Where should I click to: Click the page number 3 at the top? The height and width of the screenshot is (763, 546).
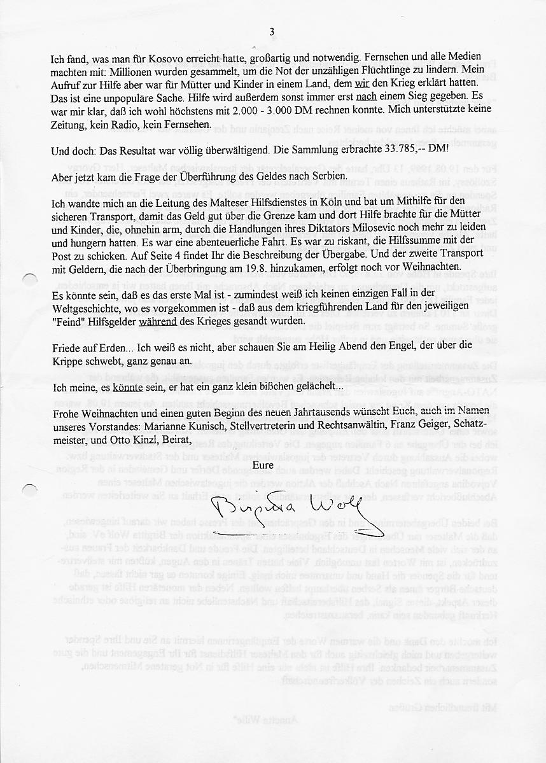pyautogui.click(x=272, y=32)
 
